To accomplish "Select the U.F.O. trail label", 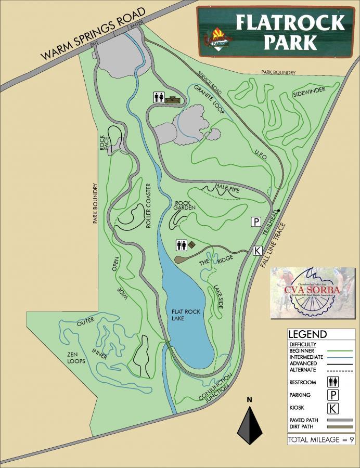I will (x=261, y=154).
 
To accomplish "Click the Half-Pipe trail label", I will (x=227, y=188).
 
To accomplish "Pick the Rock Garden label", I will (x=185, y=205).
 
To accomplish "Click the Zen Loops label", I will (x=75, y=357).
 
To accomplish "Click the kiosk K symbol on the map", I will (x=257, y=251).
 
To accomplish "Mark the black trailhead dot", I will (x=279, y=211).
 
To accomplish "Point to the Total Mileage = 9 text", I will (x=320, y=440).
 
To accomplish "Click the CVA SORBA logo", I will (x=312, y=292).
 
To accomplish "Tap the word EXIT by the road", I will (x=94, y=47).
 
